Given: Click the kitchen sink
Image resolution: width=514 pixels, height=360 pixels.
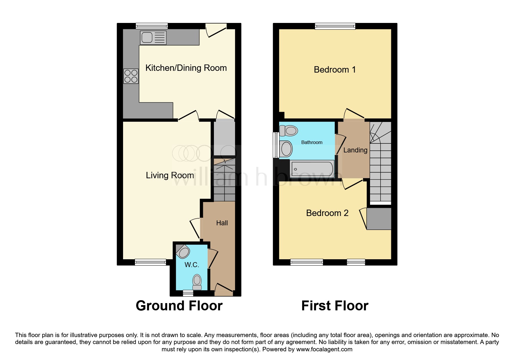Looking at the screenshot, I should pos(153,38).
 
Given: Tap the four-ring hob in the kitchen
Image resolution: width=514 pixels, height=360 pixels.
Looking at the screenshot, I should pos(131,76).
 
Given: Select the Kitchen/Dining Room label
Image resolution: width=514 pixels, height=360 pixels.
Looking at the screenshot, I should pos(186,68).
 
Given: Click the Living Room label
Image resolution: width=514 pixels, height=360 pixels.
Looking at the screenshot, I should pos(170,175).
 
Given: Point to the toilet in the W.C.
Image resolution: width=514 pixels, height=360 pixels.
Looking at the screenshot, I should pos(197,282).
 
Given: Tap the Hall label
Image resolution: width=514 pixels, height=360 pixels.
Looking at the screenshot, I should pos(222,223).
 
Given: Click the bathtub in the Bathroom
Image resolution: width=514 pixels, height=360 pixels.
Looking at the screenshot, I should pos(312,169).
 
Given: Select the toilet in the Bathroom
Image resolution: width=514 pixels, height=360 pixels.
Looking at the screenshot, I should pos(289,131).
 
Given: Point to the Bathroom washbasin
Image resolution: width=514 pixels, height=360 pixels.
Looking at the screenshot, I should pos(286,149).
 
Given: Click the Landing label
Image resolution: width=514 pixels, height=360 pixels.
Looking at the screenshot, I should pos(355,150).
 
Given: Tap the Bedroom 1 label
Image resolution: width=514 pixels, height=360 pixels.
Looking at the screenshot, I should pos(335,70).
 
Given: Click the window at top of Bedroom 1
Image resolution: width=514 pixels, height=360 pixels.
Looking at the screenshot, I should pos(335,26).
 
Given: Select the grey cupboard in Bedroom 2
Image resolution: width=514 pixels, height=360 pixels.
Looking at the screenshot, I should pos(379,219).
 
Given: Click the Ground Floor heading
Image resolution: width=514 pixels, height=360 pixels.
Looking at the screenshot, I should pos(179,306).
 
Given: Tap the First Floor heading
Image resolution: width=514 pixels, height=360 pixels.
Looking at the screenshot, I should pos(335,306).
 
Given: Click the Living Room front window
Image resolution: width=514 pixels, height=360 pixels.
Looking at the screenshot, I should pos(150,262).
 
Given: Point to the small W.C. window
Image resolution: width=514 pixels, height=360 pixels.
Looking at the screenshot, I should pos(188,293).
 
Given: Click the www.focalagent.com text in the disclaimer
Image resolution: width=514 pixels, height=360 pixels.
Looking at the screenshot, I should pos(324,349).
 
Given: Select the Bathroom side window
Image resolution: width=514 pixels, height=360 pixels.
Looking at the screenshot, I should pos(276,145).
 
